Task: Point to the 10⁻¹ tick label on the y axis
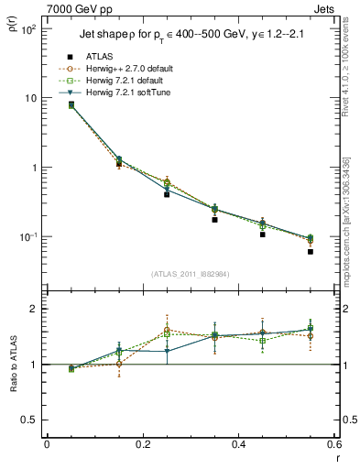(26, 237)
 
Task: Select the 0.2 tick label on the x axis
(142, 445)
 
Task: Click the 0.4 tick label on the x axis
(238, 445)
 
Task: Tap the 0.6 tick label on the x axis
(333, 445)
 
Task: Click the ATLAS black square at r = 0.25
(167, 194)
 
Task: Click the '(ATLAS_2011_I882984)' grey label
(191, 274)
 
